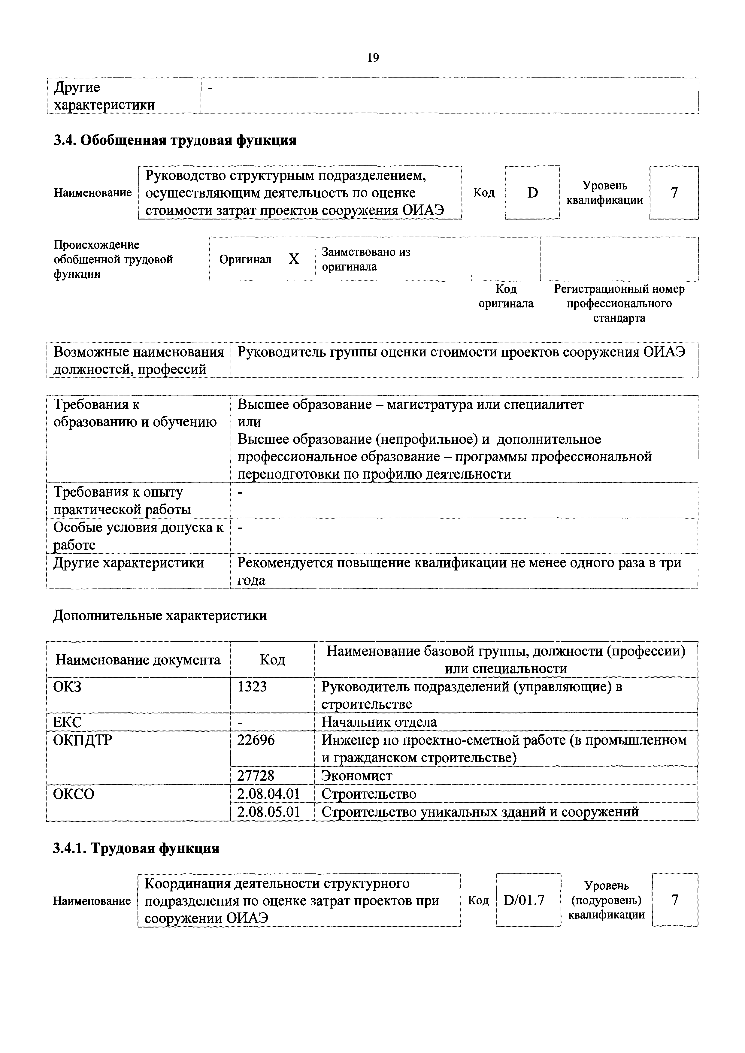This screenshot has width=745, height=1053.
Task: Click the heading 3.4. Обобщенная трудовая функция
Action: (175, 140)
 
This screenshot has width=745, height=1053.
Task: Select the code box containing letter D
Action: (532, 193)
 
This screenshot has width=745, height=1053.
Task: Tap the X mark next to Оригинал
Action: (294, 260)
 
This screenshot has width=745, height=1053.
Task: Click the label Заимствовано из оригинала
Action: (366, 259)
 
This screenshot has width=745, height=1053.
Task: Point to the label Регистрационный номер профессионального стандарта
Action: (619, 303)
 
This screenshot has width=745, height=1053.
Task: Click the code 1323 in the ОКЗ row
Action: (252, 687)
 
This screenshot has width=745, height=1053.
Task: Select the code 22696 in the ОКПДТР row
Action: (256, 740)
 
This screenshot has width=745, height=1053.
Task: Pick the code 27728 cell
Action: (256, 776)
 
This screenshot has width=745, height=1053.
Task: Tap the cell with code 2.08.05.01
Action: (268, 812)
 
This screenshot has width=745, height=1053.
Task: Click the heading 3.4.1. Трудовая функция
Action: (136, 849)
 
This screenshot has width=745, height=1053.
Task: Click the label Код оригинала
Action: (506, 296)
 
